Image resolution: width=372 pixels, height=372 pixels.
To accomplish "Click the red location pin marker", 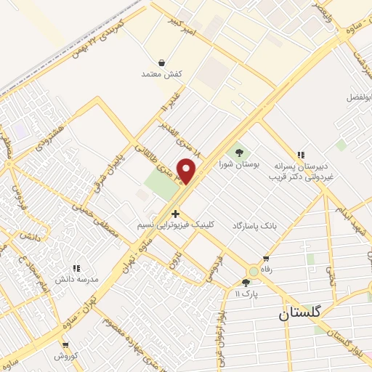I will pos(187,171).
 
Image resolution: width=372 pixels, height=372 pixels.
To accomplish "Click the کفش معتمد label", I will pos(161,75).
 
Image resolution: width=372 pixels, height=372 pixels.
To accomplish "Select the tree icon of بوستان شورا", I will pos(239,153).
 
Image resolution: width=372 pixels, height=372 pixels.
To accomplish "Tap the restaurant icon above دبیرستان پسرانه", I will pos(301,155).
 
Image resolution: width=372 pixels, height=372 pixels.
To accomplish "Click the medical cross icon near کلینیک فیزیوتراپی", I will pos(175,214).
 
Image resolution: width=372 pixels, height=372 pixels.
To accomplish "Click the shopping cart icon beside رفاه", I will pos(267,259).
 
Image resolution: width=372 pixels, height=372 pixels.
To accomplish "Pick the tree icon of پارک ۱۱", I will pos(246,283).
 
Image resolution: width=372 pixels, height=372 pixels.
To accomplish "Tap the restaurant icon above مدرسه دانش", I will pos(76,269).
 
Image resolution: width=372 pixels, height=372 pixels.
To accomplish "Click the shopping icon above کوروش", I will pos(65,345).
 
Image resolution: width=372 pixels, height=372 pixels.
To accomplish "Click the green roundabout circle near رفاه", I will pos(253,271).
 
